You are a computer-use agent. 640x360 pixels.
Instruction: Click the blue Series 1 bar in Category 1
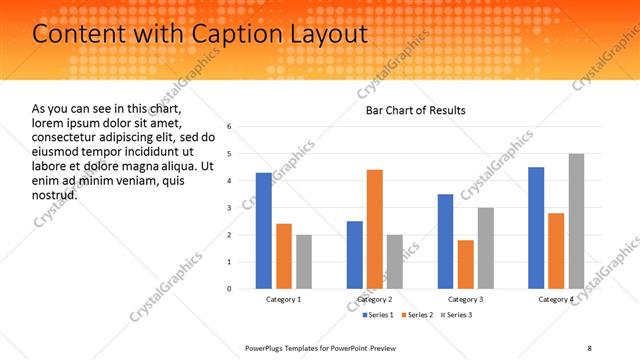coord(264,230)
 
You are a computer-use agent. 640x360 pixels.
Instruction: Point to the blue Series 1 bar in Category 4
coord(536,227)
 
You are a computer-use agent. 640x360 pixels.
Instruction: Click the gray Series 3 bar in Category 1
coord(304,261)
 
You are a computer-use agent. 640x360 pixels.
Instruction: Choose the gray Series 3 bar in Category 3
coord(486,248)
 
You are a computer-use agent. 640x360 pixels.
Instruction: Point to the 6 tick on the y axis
coord(230,127)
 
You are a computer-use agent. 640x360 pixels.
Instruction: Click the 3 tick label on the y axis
coord(230,208)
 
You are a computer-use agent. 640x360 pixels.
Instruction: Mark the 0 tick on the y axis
coord(230,289)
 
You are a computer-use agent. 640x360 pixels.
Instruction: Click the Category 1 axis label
coord(284,299)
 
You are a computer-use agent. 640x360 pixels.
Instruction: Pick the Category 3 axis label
coord(466,299)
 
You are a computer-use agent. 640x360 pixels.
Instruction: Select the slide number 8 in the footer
coord(589,347)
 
